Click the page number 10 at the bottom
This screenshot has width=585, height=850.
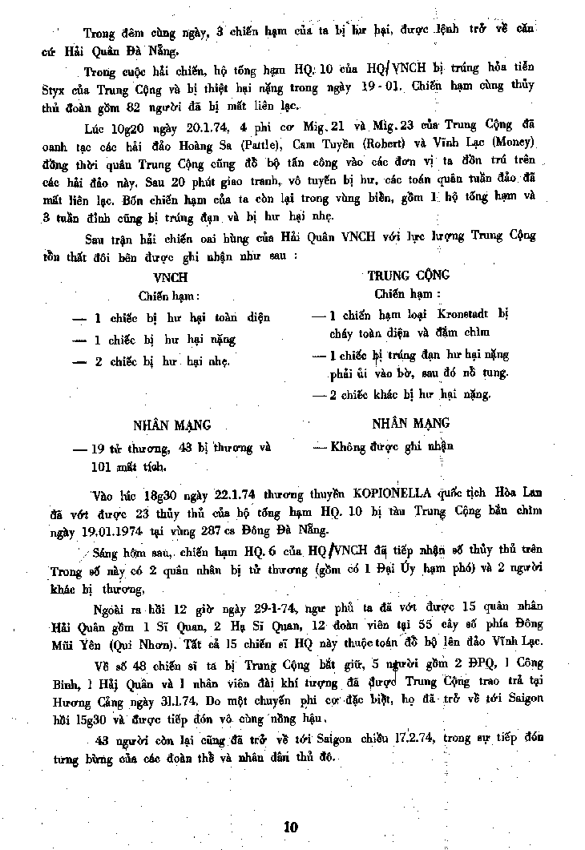coord(291,827)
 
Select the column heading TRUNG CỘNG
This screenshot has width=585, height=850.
coord(409,276)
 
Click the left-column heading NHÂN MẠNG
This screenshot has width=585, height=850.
coord(171,425)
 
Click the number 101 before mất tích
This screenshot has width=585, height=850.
coord(103,465)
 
